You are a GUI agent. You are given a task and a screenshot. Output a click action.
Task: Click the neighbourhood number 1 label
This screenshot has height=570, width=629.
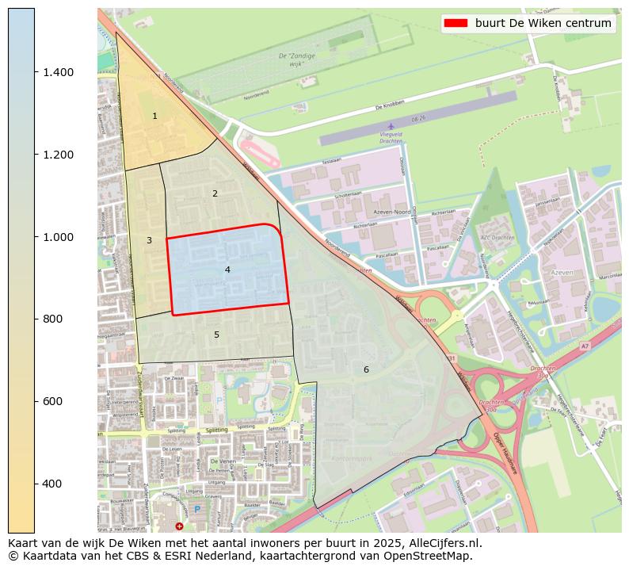[154, 117]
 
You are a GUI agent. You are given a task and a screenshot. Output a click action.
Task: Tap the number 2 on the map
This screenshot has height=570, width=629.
[215, 193]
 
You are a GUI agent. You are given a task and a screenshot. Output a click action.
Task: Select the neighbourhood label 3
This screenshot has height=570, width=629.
[149, 240]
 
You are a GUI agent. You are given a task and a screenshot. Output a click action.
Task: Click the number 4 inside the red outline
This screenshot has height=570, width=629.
[227, 270]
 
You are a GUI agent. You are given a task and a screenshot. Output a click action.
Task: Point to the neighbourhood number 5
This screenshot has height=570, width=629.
[216, 335]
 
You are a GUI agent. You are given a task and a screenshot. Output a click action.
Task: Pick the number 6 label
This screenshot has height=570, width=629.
[366, 370]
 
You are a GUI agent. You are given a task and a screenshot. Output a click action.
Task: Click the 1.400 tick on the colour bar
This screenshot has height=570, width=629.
[58, 72]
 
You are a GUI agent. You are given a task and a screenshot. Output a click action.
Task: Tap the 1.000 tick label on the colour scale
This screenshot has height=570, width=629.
[58, 237]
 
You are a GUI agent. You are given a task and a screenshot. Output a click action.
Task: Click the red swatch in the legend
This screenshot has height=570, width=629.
[456, 24]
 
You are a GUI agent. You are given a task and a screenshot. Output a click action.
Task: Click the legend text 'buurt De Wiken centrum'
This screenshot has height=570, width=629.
[543, 24]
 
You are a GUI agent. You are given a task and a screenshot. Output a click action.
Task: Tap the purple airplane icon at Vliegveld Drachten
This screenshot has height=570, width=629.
[391, 126]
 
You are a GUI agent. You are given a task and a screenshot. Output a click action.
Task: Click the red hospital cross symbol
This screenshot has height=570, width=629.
[179, 526]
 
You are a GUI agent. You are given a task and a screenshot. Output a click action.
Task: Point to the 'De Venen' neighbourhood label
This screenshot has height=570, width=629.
[224, 461]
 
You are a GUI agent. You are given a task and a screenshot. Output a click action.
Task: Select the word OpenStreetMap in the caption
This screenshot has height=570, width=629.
[432, 556]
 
